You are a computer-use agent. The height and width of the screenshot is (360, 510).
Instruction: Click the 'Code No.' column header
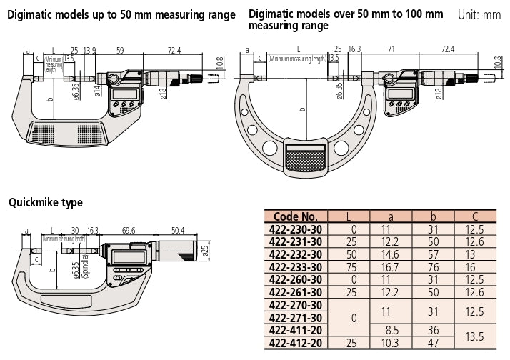295,216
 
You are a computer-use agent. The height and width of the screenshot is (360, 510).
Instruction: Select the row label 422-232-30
295,254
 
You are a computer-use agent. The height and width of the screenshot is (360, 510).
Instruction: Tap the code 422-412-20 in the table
295,344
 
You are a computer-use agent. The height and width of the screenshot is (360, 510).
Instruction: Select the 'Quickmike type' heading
46,203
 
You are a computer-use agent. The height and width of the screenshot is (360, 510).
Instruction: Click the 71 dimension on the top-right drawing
390,50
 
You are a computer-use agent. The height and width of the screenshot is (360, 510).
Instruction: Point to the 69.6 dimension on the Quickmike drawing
129,231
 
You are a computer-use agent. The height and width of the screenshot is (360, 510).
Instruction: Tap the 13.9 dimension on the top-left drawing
89,49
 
